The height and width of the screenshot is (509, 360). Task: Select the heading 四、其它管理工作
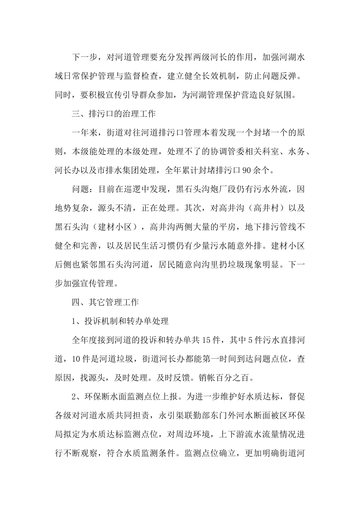click(105, 302)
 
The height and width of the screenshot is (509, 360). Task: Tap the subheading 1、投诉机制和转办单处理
click(120, 321)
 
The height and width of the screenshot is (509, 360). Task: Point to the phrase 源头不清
click(116, 208)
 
